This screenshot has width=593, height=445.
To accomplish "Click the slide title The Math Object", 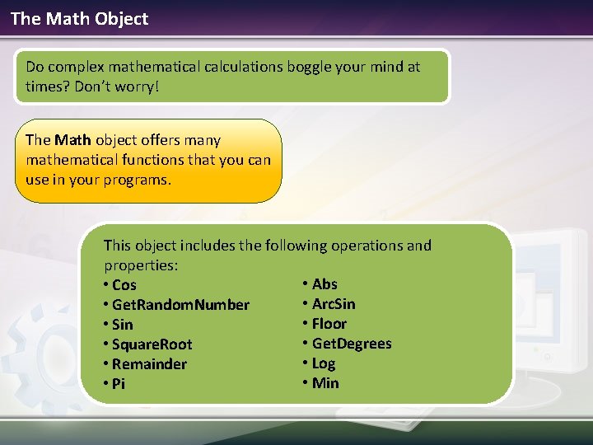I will coord(79,18).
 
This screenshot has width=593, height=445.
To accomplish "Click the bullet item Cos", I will coord(124,285).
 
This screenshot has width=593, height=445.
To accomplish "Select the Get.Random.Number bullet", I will coord(180,305).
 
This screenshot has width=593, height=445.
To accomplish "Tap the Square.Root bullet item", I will coord(151,344).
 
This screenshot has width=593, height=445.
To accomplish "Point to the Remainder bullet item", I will coord(149,364).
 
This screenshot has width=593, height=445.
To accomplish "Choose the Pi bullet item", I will coord(118,384).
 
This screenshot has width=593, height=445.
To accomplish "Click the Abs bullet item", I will coord(325,284).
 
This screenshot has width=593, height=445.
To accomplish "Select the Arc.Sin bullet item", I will coord(334,304).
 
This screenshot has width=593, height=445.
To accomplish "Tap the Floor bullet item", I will coord(329,324).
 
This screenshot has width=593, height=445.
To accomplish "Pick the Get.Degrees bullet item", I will coord(352,344).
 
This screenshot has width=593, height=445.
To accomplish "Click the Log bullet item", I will coord(324,363).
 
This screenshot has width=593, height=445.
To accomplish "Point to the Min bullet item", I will coord(325,383).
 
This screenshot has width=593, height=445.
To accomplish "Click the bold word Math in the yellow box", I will coord(72,140).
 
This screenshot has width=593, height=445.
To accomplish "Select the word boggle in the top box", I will coord(309,66).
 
